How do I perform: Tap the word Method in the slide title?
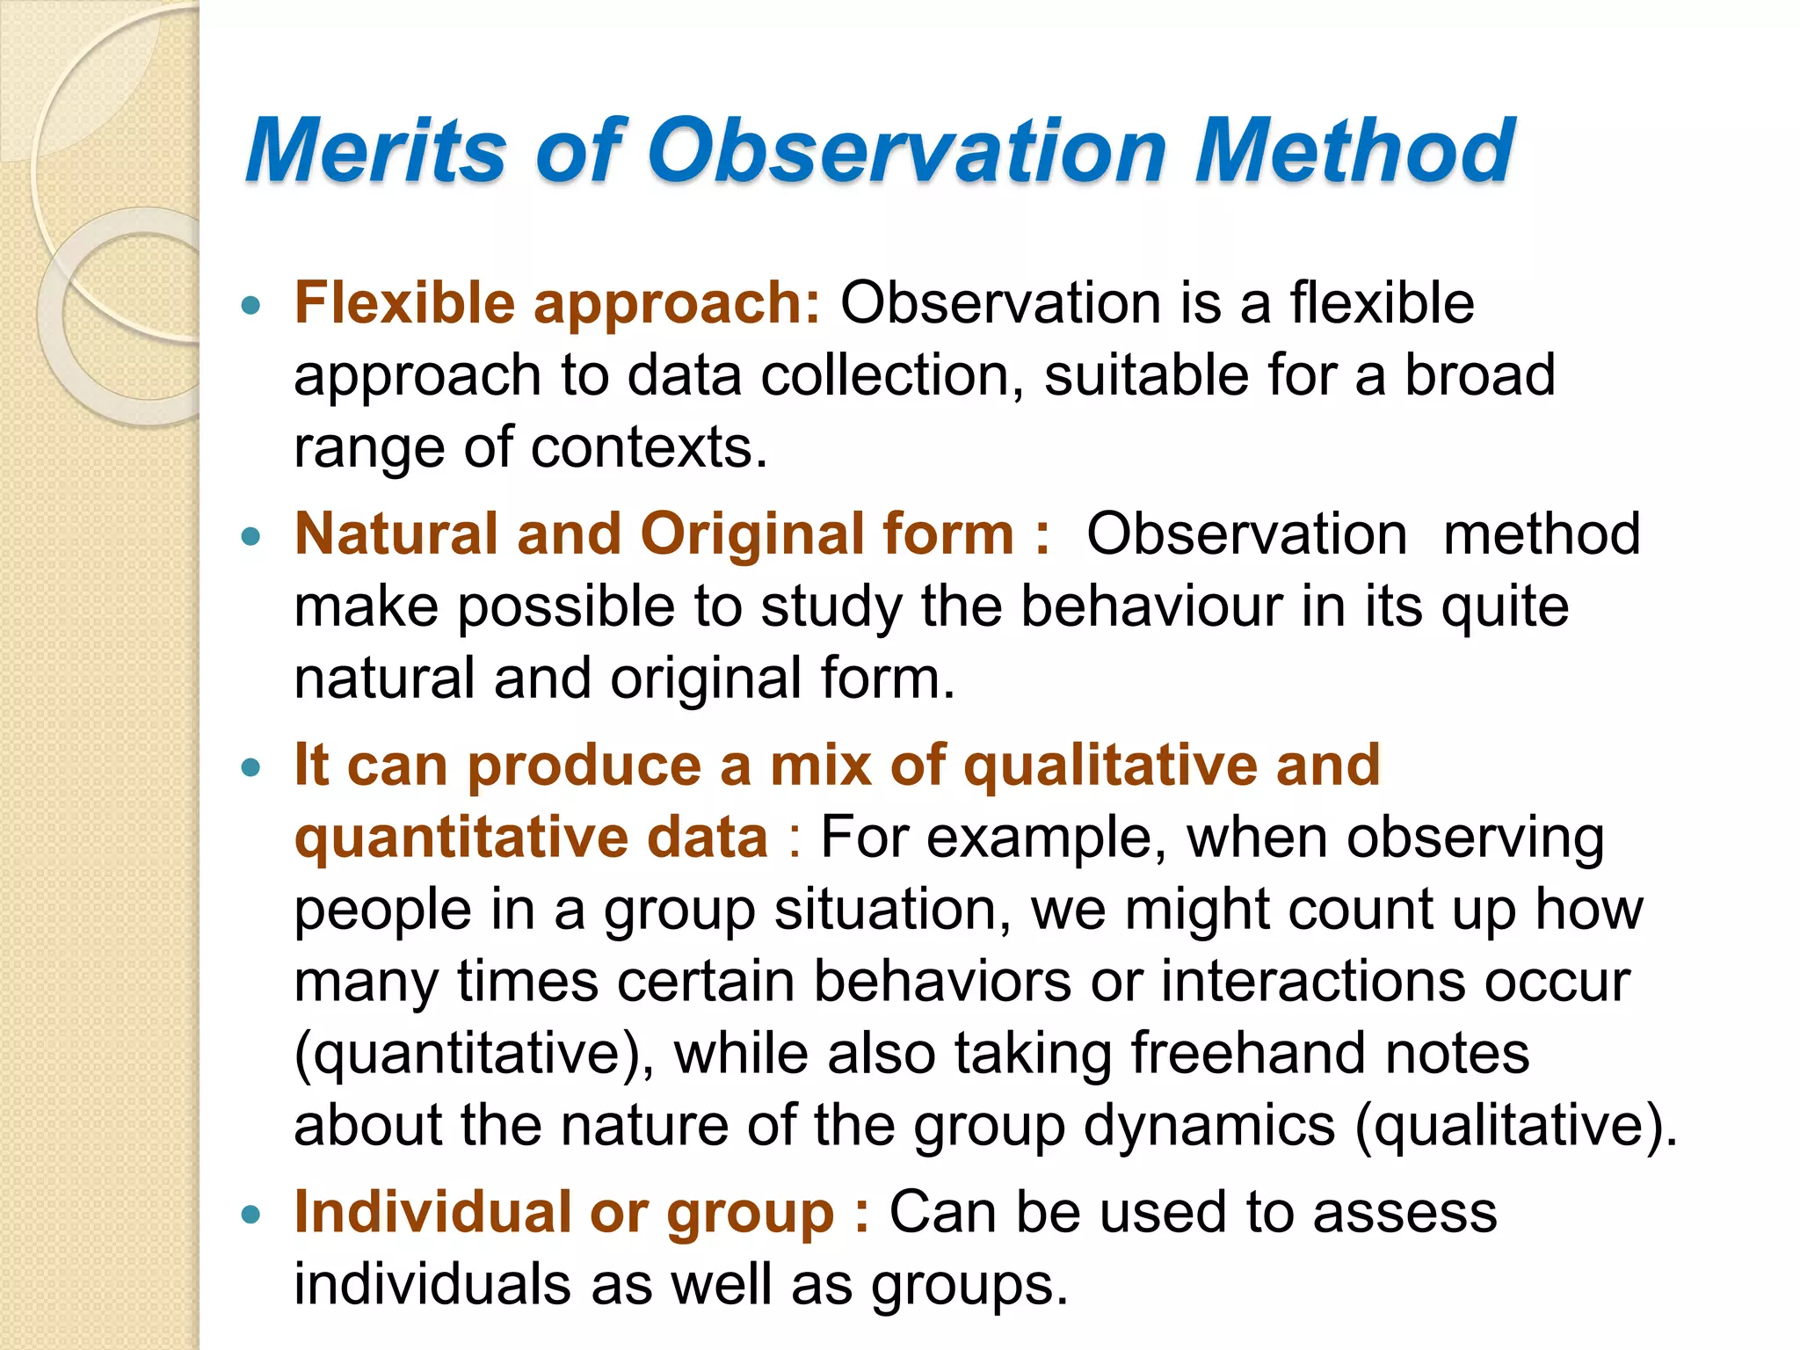pyautogui.click(x=1354, y=151)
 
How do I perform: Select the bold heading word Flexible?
pyautogui.click(x=404, y=303)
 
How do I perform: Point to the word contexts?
pyautogui.click(x=649, y=448)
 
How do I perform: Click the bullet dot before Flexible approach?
pyautogui.click(x=251, y=306)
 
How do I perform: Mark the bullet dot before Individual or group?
pyautogui.click(x=251, y=1215)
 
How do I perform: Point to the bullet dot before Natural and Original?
pyautogui.click(x=251, y=536)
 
